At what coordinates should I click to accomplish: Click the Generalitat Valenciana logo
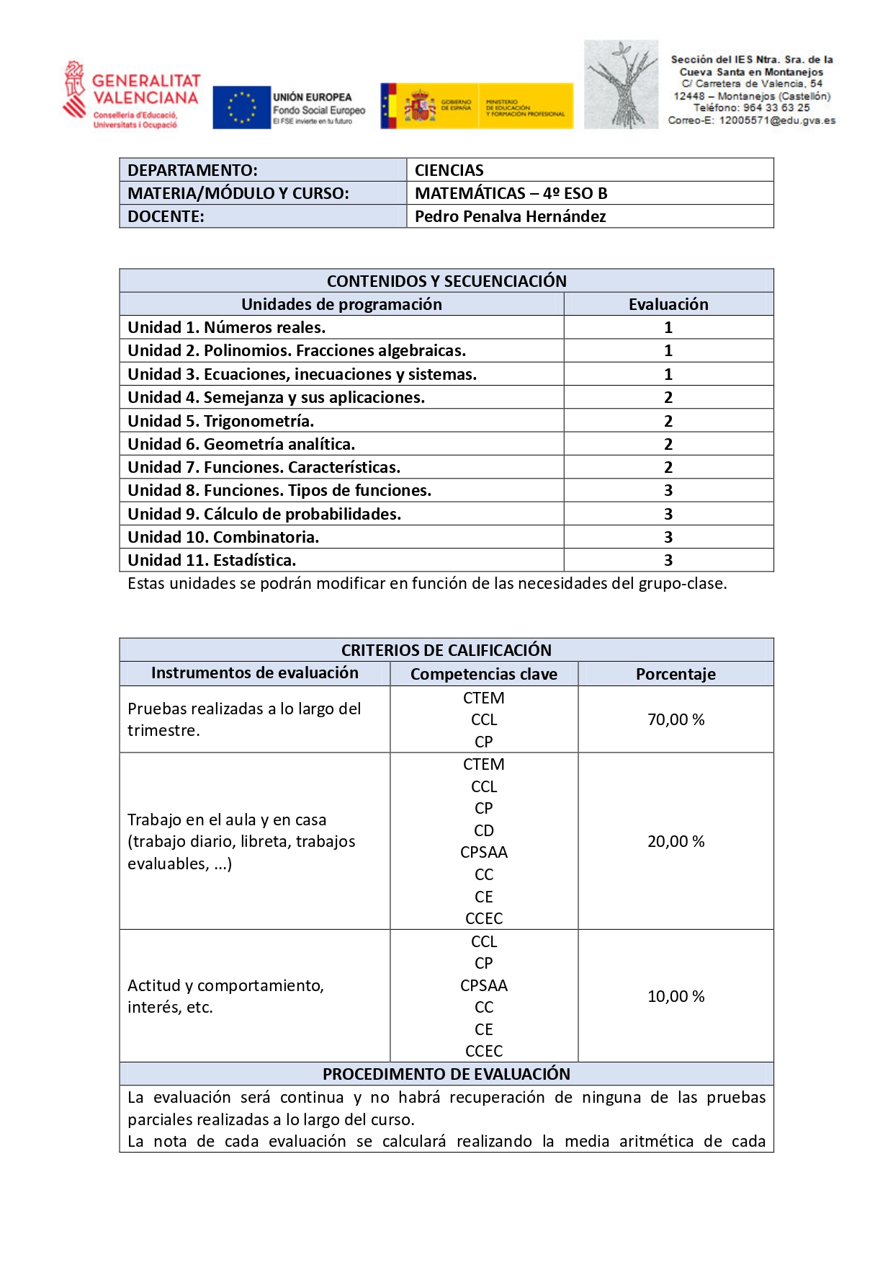(x=131, y=95)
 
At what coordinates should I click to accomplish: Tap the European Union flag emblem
(x=241, y=107)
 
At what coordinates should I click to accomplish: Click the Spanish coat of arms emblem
(x=420, y=106)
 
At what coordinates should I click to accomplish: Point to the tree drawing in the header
(x=621, y=85)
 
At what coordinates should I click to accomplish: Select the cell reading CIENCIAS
(x=449, y=170)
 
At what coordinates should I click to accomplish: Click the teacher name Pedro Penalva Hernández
(x=510, y=216)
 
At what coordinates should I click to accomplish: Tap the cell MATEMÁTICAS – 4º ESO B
(x=511, y=193)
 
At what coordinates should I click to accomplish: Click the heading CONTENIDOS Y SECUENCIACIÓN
(x=447, y=281)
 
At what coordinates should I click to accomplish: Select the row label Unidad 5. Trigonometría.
(x=220, y=421)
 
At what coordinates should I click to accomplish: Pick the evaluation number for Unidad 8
(x=668, y=491)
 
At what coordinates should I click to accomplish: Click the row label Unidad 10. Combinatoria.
(x=223, y=537)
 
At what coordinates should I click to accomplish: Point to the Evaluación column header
(x=668, y=304)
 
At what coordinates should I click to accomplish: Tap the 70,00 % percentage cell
(x=676, y=719)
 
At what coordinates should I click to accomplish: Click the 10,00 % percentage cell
(x=676, y=996)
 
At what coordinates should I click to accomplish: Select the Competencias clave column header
(x=484, y=674)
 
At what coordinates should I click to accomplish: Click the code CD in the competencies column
(x=484, y=830)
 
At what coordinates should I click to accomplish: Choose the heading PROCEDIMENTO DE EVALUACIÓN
(x=447, y=1074)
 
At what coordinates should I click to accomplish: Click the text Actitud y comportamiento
(x=225, y=985)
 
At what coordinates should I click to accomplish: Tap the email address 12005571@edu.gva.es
(x=777, y=120)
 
